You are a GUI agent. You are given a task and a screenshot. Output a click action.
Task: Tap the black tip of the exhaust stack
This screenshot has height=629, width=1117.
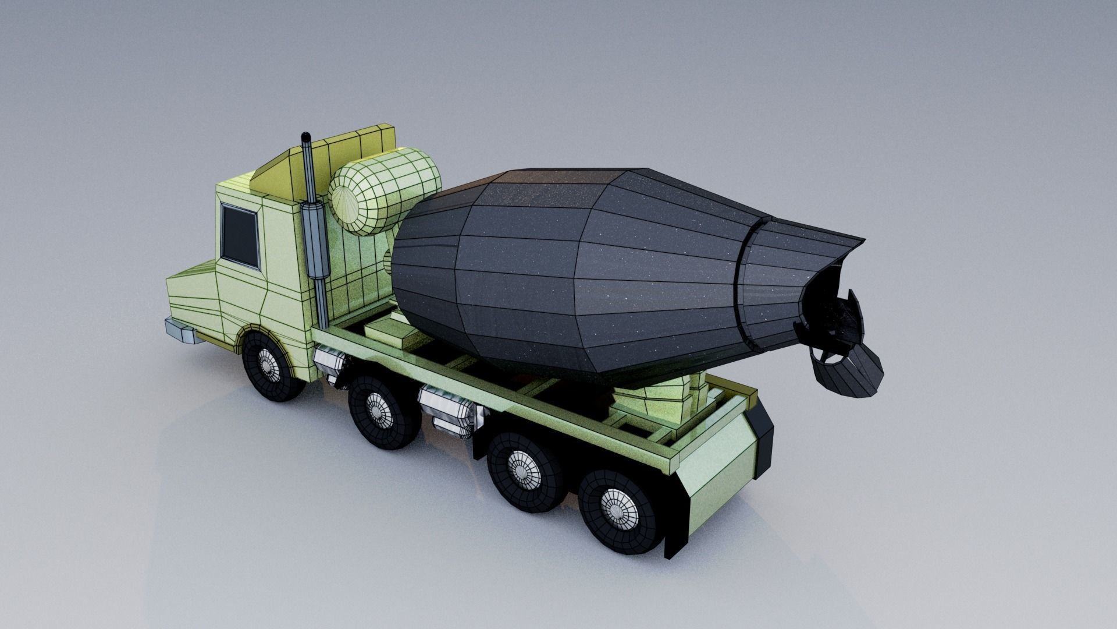305,137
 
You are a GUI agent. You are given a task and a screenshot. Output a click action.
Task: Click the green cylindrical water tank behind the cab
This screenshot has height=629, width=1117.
384,189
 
